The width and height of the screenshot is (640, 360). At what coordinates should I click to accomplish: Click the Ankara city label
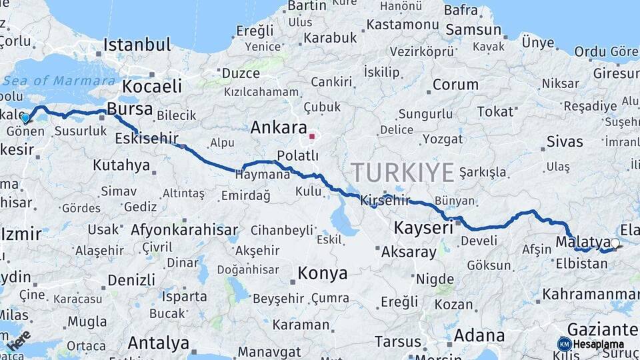coord(279,128)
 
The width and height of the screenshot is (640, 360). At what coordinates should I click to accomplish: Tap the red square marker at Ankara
coord(311,136)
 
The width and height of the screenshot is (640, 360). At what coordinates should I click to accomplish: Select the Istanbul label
coord(137,45)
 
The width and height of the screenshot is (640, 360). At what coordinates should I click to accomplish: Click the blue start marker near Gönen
coord(25,118)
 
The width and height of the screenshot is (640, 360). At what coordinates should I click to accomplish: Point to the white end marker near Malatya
coord(615,243)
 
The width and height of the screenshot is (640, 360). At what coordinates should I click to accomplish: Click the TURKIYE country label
coord(403,172)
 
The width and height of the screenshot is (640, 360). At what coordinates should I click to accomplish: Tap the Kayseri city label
coord(423,227)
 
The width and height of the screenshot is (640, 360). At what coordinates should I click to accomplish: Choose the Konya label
coord(322,273)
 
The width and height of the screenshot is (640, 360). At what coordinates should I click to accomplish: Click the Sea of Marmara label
coord(59,81)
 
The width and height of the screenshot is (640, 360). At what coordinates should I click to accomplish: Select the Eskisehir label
coord(147,138)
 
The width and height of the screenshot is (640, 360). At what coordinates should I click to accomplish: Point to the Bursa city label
coord(129,109)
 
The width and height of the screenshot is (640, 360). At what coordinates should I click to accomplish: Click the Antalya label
coord(158,343)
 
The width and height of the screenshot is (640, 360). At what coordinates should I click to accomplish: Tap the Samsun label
coord(473,29)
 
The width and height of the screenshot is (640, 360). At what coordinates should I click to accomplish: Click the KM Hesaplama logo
coord(591,344)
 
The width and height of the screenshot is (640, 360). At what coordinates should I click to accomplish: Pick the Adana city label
coord(479,336)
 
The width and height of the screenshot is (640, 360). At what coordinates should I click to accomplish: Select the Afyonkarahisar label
coord(184,230)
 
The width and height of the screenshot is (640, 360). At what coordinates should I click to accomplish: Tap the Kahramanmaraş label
coord(591,293)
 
